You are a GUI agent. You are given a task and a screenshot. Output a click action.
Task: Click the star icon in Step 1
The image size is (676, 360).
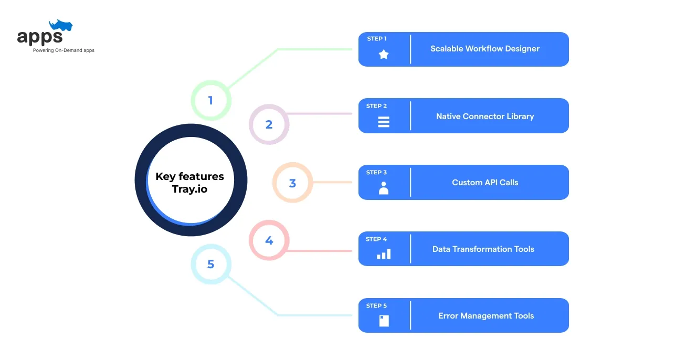(x=384, y=55)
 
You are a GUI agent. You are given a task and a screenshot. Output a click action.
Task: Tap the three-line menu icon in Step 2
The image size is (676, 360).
(x=384, y=122)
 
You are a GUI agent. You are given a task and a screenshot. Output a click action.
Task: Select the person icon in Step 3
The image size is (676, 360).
(x=384, y=188)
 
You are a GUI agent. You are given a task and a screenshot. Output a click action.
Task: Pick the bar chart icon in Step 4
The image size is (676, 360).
(x=384, y=254)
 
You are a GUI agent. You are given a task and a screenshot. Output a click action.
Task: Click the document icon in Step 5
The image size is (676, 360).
(x=384, y=321)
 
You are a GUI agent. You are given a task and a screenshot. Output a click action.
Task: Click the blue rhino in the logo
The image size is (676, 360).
(x=61, y=25)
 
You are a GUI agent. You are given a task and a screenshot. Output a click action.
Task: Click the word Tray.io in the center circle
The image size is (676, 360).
(x=189, y=189)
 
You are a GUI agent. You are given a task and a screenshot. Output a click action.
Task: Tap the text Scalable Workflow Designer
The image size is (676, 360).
(x=485, y=49)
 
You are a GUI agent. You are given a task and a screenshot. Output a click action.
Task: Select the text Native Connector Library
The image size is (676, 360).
(x=485, y=116)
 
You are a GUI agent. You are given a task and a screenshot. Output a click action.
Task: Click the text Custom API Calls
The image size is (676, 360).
(x=485, y=182)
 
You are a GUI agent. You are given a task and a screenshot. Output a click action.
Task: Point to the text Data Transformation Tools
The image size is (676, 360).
(x=483, y=249)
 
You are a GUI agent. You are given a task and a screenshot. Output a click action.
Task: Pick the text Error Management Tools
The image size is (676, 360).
(x=486, y=315)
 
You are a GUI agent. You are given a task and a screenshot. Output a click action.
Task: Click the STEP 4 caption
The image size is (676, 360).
(x=376, y=239)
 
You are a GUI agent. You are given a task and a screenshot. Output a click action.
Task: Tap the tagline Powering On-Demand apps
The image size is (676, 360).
(x=64, y=50)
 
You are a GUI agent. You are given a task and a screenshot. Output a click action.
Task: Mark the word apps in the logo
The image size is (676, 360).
(x=40, y=37)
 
